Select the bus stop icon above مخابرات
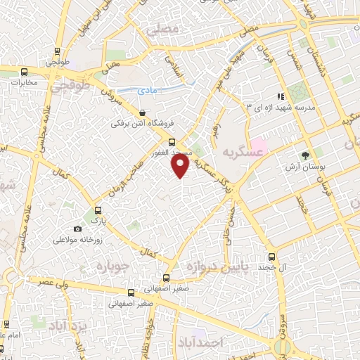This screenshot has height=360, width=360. [x=25, y=71]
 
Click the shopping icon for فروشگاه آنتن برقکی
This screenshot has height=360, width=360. [x=143, y=112]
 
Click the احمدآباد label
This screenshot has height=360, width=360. [x=221, y=342]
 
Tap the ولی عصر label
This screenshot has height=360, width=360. [x=41, y=281]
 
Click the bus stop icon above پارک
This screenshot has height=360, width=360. [x=97, y=210]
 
